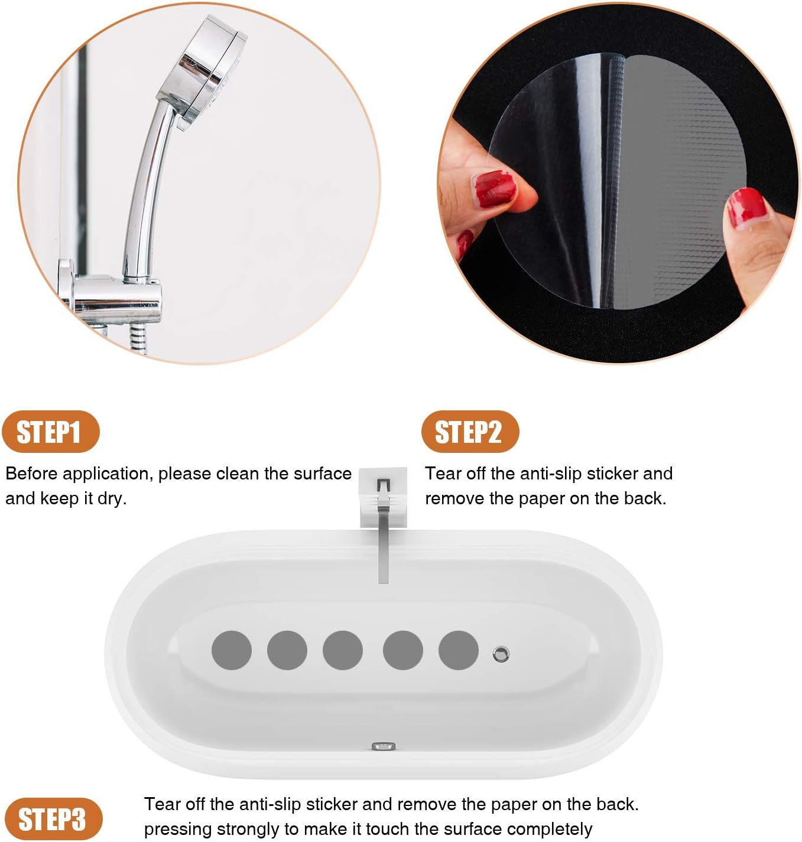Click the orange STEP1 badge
[50, 432]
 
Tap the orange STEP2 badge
[469, 432]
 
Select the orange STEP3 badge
[52, 819]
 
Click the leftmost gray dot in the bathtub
[232, 650]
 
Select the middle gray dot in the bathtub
[343, 650]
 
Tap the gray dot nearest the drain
[458, 650]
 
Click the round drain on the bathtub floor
[501, 654]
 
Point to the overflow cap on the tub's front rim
[384, 746]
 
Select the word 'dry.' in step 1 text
[112, 498]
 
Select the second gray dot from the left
[287, 650]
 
